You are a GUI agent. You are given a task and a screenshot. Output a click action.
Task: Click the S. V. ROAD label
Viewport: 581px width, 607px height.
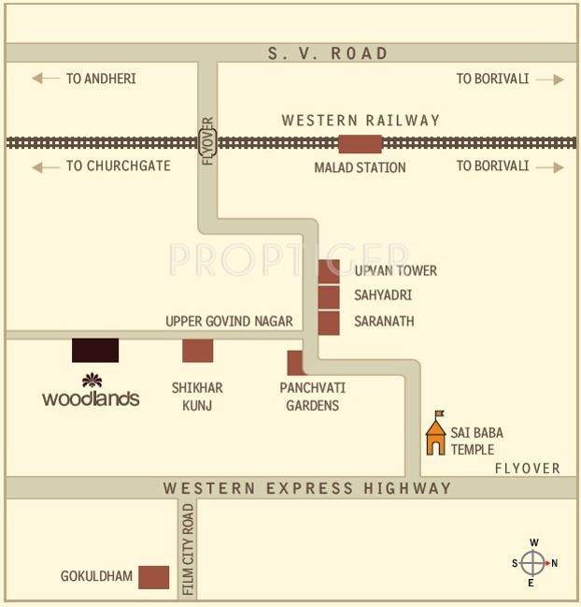[327, 53]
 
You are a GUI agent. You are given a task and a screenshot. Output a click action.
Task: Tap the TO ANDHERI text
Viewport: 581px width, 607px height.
[100, 79]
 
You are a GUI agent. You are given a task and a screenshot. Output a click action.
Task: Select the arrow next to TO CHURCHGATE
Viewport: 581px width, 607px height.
[46, 166]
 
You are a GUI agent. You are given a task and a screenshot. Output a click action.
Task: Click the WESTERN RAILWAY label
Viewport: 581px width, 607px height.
[361, 121]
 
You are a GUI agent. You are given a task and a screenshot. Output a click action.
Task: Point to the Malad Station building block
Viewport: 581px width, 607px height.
[360, 143]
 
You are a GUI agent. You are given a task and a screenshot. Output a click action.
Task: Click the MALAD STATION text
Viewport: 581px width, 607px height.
[360, 167]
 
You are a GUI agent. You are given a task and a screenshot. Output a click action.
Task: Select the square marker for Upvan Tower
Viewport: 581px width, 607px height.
[329, 271]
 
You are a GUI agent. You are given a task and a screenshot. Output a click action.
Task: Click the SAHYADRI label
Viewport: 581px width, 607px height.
[383, 296]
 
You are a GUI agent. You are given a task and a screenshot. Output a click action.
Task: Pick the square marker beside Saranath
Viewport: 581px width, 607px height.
[329, 323]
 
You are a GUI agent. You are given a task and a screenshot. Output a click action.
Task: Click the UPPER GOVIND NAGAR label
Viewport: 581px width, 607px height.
[229, 321]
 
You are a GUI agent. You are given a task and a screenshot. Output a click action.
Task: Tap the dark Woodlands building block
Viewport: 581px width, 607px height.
[95, 350]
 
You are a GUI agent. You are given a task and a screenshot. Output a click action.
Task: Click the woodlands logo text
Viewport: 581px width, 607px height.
[91, 398]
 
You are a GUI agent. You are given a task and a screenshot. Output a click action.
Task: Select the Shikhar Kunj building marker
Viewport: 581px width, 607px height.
[197, 351]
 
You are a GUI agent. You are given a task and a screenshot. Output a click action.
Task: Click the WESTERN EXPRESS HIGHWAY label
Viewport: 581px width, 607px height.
[307, 488]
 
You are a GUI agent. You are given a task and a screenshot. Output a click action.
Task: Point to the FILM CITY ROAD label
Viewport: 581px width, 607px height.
[188, 550]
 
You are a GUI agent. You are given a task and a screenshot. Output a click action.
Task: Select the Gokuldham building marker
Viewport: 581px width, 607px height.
[153, 577]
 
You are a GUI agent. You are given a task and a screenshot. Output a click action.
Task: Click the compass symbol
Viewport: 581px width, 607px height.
[532, 563]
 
